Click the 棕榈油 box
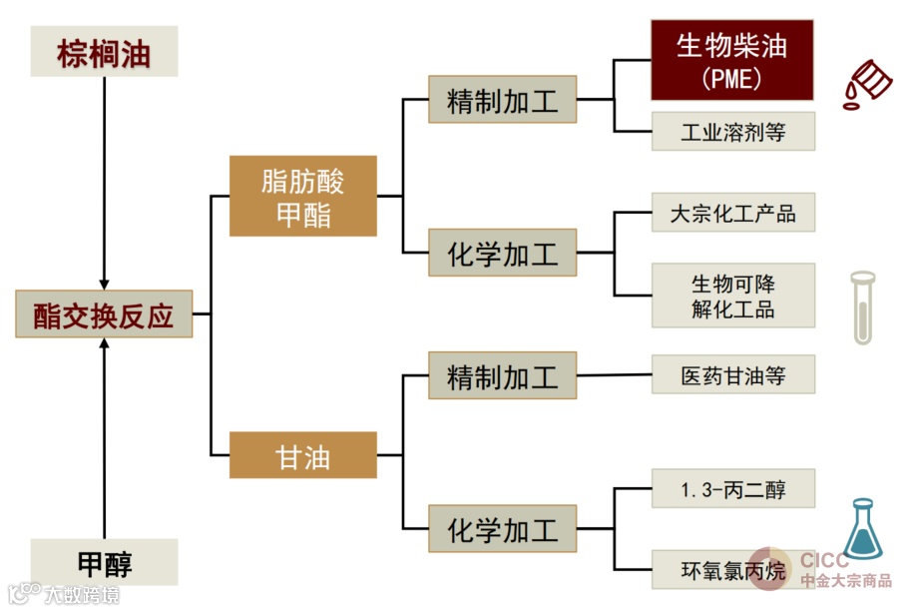[104, 52]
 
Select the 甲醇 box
[104, 562]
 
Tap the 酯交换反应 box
[104, 314]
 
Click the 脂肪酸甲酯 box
[302, 196]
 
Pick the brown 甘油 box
[302, 455]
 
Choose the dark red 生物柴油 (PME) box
[731, 60]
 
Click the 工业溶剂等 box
[732, 132]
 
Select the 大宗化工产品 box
[732, 213]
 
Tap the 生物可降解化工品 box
[732, 296]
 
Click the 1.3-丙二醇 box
[732, 488]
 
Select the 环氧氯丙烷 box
[732, 570]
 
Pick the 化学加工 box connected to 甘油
[502, 528]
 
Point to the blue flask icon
[861, 530]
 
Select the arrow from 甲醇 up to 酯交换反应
[104, 439]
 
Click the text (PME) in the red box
[731, 78]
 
